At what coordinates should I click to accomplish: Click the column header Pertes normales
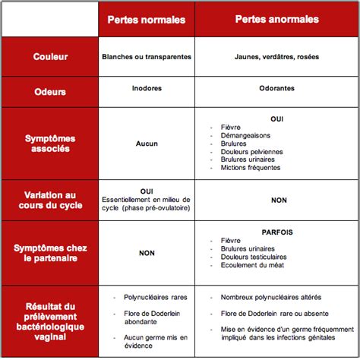point(146,19)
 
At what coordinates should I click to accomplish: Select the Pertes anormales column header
point(276,19)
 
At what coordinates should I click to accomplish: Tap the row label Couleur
point(49,57)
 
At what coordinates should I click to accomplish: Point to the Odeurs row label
point(49,92)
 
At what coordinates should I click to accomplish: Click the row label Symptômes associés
point(49,144)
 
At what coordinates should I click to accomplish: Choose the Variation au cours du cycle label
point(49,200)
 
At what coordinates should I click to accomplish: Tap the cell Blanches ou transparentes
point(146,57)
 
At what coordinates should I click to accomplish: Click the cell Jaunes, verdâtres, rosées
point(276,57)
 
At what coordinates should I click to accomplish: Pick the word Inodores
point(146,89)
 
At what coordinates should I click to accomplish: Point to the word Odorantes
point(276,89)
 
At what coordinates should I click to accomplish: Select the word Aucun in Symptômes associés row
point(146,143)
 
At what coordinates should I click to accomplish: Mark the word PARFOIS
point(276,232)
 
